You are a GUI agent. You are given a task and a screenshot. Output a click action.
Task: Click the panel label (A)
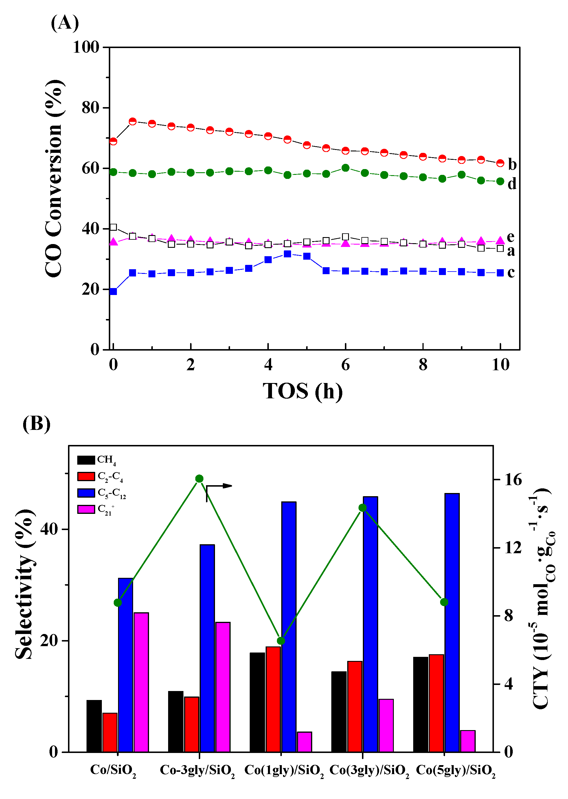click(x=65, y=23)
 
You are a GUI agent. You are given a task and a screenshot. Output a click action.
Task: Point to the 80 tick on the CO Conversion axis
click(x=90, y=108)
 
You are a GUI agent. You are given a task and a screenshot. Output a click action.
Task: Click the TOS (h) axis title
click(x=303, y=391)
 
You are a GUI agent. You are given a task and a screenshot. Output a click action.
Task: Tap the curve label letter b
click(x=512, y=164)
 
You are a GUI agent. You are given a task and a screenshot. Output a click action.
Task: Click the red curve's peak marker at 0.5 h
click(x=133, y=121)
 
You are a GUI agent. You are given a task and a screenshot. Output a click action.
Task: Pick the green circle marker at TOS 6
click(x=345, y=168)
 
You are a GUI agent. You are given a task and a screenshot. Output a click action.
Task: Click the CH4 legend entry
click(x=97, y=460)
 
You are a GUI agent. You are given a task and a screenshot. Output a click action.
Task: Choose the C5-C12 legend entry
click(x=102, y=493)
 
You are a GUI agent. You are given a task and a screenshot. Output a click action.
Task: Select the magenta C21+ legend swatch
click(x=86, y=509)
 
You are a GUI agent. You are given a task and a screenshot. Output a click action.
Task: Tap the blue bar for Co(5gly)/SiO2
click(x=452, y=623)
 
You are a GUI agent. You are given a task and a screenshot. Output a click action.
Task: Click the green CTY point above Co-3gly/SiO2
click(x=199, y=479)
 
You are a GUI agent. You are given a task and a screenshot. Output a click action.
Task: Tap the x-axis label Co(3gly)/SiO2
click(x=369, y=771)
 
